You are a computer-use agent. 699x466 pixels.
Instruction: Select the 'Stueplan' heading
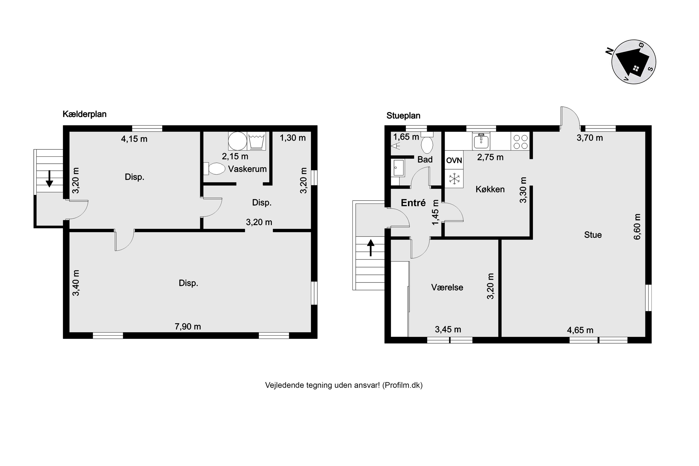coord(403,116)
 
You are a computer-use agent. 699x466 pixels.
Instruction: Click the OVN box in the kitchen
coord(454,161)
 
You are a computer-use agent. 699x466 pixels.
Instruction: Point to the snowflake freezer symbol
coord(454,179)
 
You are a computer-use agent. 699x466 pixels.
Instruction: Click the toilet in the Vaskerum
coord(214,168)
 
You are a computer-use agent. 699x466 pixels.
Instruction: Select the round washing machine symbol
coord(237,141)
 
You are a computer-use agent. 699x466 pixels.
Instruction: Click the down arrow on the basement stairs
coord(49,179)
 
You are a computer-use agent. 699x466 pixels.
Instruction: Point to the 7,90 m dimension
coord(188,327)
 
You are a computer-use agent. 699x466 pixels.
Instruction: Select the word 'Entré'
coord(413,203)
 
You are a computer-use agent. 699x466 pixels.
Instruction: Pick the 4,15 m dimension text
coord(134,139)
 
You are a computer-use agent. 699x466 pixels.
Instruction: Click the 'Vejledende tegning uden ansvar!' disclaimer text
coord(322,385)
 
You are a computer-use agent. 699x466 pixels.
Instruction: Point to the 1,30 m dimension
coord(293,138)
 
